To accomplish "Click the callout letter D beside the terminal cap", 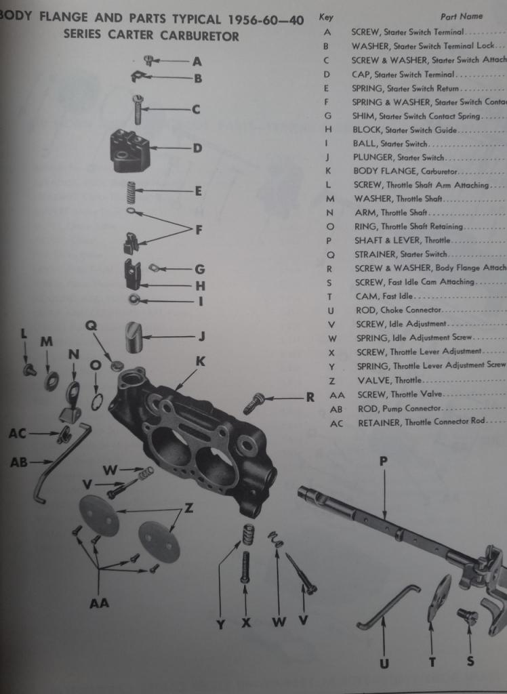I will [197, 148].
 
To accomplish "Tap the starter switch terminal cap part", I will [129, 150].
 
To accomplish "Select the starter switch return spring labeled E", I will [133, 192].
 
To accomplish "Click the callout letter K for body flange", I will [200, 362].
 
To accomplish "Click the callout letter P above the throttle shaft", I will [384, 461].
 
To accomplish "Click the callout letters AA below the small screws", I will [99, 603].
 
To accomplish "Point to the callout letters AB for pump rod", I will [18, 462].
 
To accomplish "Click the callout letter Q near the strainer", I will [91, 325].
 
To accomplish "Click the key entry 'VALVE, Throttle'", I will [389, 380].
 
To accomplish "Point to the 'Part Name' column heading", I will [462, 16].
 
